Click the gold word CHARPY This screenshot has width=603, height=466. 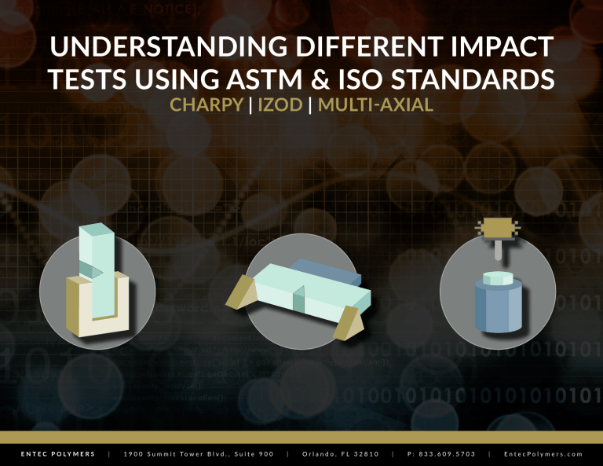tap(206, 105)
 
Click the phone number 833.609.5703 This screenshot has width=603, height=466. tap(446, 453)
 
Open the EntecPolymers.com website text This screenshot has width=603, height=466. tap(545, 453)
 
